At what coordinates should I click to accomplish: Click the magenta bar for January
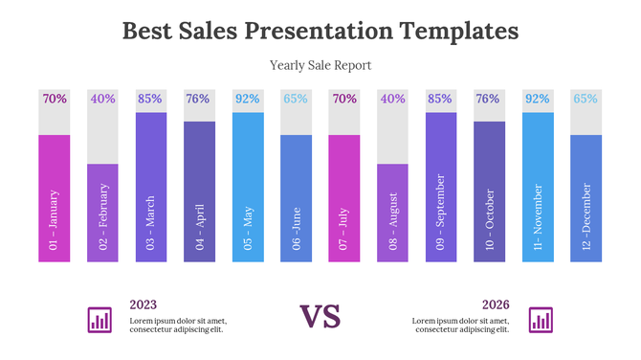coord(55,198)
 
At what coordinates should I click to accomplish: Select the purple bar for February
coord(102,213)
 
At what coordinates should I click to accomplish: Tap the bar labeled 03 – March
coord(151,187)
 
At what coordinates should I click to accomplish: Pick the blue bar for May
coord(248,187)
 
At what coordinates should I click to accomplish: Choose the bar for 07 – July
coord(344,198)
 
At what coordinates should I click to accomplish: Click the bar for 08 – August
coord(392,213)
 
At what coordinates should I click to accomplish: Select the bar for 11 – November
coord(538,187)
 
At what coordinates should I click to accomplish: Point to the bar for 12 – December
coord(586,198)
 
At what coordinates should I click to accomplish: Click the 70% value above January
coord(55,99)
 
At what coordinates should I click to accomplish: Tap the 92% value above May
coord(248,99)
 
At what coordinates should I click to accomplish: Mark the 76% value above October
coord(489,99)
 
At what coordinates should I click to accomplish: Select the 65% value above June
coord(296,99)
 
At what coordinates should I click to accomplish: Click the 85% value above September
coord(441,99)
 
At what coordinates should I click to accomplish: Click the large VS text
coord(320,317)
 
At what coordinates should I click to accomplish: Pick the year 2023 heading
coord(144,304)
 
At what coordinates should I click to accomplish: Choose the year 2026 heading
coord(496,304)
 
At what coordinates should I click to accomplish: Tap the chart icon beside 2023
coord(99,320)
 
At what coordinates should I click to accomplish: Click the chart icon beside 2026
coord(542,320)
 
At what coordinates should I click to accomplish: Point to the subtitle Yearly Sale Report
coord(320,65)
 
